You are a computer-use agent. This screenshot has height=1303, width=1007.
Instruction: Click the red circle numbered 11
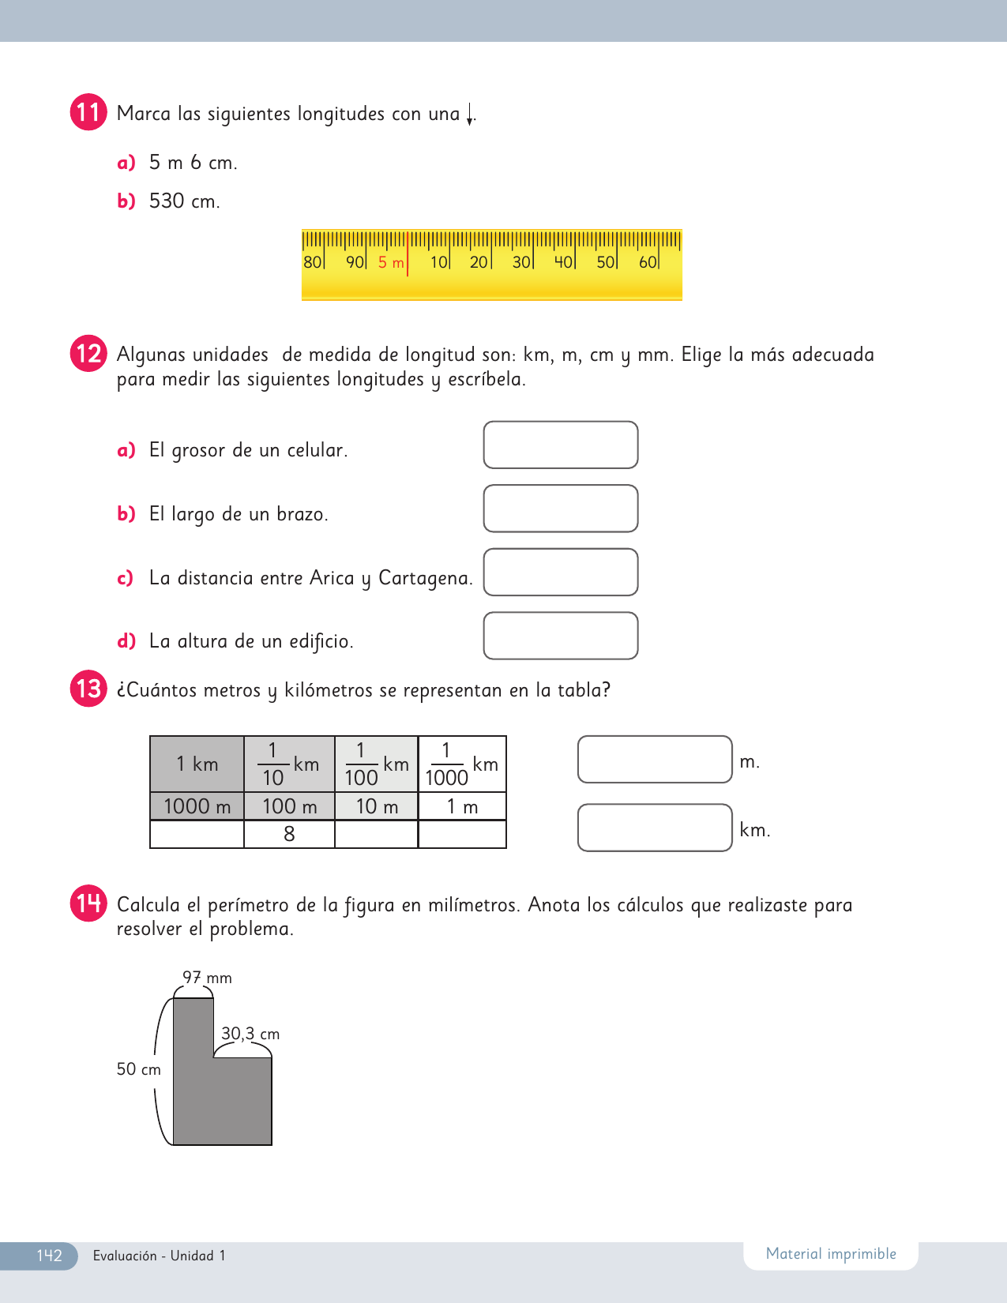point(88,112)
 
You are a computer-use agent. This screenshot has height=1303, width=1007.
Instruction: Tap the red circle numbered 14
point(88,903)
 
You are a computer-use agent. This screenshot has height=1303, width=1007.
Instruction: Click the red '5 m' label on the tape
point(391,263)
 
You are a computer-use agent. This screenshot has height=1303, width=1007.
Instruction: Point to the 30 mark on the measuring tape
point(521,262)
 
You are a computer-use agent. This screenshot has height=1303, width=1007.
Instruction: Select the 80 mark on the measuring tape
point(312,262)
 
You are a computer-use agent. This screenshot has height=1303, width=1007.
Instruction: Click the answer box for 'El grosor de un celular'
point(560,445)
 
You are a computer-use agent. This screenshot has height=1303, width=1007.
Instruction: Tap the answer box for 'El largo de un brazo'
point(560,509)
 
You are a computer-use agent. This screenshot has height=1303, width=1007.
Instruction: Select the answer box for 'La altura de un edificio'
point(560,636)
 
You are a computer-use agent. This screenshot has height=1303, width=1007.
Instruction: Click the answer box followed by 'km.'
point(655,828)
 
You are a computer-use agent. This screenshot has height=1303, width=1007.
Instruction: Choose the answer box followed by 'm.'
point(655,760)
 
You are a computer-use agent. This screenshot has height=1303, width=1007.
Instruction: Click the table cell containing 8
point(289,834)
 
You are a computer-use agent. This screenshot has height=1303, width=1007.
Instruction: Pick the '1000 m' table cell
point(197,806)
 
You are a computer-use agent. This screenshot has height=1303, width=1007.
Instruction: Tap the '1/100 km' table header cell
point(376,764)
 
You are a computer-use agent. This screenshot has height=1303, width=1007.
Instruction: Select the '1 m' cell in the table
point(462,806)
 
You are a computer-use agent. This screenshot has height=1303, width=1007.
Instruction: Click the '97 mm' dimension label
point(207,978)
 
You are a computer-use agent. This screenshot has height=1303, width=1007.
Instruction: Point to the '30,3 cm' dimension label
point(250,1034)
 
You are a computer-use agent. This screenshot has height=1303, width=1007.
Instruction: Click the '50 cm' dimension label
point(138,1069)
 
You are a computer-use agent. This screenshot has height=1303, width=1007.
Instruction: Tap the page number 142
point(49,1256)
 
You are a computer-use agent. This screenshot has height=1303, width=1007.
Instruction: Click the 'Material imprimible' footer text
point(831,1254)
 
